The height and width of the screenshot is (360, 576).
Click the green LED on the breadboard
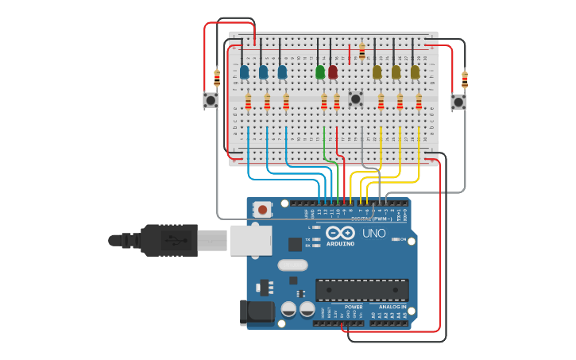(320, 72)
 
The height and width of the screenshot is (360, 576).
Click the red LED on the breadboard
(333, 72)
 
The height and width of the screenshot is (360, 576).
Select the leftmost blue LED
(245, 72)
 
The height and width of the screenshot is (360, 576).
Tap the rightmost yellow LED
(415, 72)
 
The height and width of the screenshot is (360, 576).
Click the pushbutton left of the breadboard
(211, 100)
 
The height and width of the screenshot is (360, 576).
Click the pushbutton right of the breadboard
(458, 102)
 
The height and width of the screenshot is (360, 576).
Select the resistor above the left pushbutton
(217, 78)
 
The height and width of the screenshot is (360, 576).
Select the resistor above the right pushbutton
(465, 79)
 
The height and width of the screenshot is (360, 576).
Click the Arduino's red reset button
(261, 210)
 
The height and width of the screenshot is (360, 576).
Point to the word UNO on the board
(373, 234)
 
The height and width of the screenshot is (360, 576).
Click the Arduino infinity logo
(340, 234)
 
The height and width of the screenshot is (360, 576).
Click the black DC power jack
(257, 312)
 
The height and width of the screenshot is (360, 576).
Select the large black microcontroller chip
(361, 290)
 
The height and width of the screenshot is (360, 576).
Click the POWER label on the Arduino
(354, 307)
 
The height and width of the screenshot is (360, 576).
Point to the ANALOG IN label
(392, 307)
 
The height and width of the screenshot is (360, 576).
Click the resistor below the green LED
(324, 102)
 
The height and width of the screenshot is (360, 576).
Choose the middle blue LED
(264, 72)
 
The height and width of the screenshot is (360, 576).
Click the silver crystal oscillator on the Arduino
(292, 265)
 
